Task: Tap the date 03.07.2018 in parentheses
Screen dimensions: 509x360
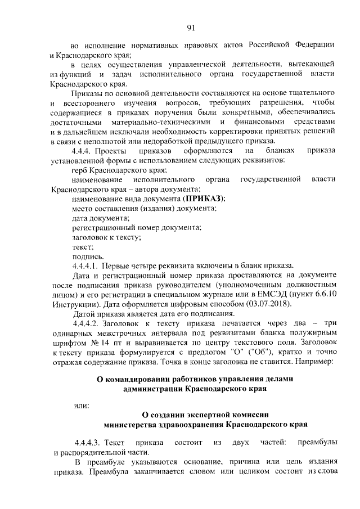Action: coord(269,304)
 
